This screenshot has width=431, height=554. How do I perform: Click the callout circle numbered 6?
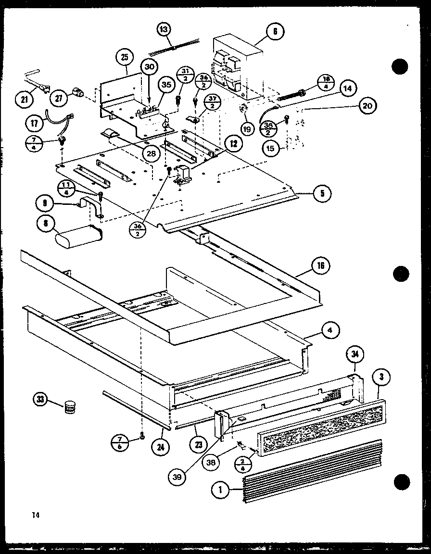pos(274,32)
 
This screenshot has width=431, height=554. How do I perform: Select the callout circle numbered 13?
pos(164,30)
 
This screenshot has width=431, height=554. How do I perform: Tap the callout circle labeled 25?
pos(124,57)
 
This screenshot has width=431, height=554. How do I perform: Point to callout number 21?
pos(24,100)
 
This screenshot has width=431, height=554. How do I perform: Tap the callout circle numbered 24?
pos(160,445)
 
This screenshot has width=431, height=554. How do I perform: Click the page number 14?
pos(35,515)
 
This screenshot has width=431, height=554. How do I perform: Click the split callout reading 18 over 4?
pos(325,82)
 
